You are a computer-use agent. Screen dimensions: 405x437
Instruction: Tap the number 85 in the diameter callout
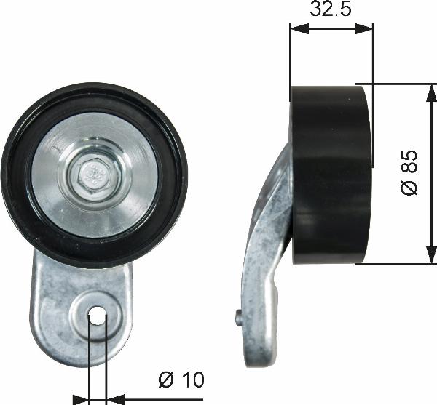(410, 161)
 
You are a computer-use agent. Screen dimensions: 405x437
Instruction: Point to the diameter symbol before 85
(410, 187)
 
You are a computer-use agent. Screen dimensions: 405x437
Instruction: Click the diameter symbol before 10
(165, 379)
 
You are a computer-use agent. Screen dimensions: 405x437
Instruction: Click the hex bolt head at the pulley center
(94, 174)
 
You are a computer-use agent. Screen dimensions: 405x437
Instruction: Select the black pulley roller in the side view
(331, 175)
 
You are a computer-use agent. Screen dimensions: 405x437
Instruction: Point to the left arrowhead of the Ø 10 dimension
(82, 398)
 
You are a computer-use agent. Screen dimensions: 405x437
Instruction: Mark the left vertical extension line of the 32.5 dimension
(290, 58)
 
